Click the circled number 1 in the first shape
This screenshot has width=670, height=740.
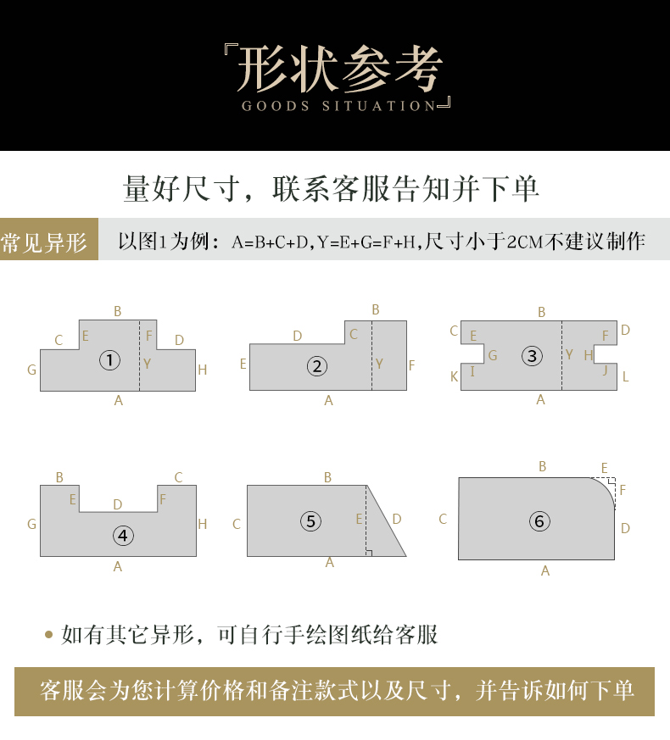tap(109, 360)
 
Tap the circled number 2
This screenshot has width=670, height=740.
tap(317, 366)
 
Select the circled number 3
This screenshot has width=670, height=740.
tap(532, 356)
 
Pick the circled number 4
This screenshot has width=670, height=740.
tap(123, 536)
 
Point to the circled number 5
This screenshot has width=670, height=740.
tap(310, 521)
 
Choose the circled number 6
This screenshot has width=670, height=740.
tap(539, 521)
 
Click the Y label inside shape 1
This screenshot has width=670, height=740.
tap(148, 364)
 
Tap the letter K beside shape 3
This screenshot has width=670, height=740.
tap(455, 376)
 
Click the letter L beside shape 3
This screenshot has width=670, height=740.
tap(626, 376)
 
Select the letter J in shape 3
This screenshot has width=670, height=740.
tap(606, 370)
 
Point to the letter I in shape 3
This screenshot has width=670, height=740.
tap(472, 371)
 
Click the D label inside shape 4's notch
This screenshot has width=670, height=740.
tap(118, 504)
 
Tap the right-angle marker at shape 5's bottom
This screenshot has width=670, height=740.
tap(369, 554)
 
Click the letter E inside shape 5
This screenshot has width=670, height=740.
tap(359, 519)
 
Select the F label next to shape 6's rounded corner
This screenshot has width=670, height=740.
tap(623, 490)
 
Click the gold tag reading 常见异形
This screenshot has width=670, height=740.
tap(49, 239)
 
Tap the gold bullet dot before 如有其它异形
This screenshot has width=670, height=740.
tap(48, 635)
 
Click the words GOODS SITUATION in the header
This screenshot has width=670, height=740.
tap(338, 106)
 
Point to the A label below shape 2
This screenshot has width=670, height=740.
tap(328, 401)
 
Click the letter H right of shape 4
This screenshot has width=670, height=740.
tap(203, 524)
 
